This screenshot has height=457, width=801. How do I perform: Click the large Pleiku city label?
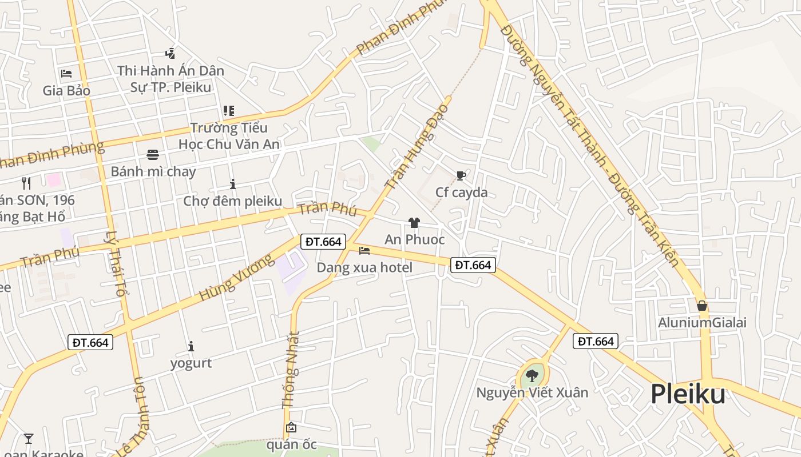[688, 394]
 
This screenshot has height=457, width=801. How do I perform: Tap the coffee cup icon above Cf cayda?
[461, 175]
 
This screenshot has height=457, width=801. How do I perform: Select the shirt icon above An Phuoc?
[414, 223]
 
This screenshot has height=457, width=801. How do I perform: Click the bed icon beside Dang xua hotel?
[364, 250]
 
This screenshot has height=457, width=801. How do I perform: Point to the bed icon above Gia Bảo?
[66, 73]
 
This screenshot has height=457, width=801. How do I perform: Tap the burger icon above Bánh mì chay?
[153, 154]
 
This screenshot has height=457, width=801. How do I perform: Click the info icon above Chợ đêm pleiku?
[232, 184]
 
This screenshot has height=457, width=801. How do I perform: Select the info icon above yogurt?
[191, 346]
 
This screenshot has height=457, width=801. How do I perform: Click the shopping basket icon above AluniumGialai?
[702, 306]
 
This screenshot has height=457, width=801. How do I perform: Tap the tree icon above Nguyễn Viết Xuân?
[532, 375]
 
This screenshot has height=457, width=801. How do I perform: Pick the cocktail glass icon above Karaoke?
[28, 439]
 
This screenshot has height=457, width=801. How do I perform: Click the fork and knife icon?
[26, 183]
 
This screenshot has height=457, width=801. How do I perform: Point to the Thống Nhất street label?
[291, 370]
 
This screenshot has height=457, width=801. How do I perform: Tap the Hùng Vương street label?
[236, 278]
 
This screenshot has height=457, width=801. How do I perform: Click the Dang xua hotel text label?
[364, 267]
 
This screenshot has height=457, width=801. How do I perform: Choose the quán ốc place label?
[292, 444]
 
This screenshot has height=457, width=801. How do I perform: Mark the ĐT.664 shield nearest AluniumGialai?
[596, 342]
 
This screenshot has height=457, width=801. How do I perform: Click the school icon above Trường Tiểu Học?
[228, 111]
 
